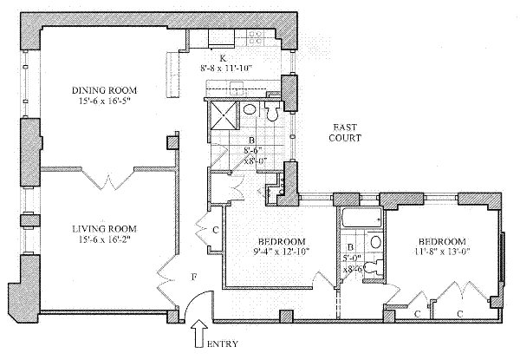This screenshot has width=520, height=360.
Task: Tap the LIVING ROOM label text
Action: click(x=104, y=229)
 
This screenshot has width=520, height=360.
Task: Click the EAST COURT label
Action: click(x=334, y=132)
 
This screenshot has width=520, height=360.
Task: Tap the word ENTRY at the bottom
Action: click(x=224, y=344)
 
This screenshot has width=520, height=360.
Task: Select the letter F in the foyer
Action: click(x=194, y=278)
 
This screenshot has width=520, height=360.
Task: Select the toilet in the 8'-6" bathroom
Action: click(x=272, y=110)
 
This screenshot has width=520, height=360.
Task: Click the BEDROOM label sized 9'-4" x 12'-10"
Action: click(x=281, y=240)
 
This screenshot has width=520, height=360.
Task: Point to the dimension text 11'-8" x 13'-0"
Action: click(x=442, y=254)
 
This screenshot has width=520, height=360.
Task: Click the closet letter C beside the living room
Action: click(x=215, y=231)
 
